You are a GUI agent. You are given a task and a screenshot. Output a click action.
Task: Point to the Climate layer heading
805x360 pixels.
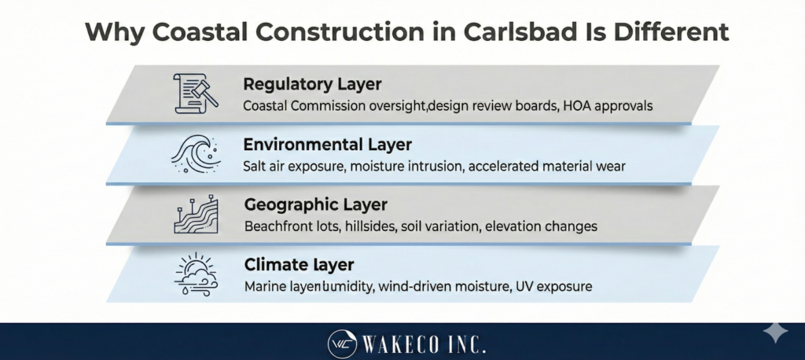[x=288, y=265]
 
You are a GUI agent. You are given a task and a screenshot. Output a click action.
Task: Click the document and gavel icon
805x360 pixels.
[x=193, y=93]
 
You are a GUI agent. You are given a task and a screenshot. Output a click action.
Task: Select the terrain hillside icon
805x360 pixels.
[x=193, y=214]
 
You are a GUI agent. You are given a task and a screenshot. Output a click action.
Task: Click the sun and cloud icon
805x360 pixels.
[x=193, y=274]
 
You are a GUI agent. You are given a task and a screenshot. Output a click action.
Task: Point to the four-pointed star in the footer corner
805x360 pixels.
[x=775, y=332]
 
